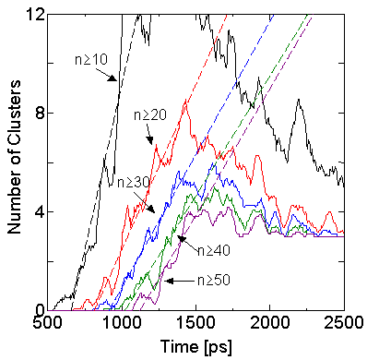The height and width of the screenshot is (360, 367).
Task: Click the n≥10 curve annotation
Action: pyautogui.click(x=89, y=59)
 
